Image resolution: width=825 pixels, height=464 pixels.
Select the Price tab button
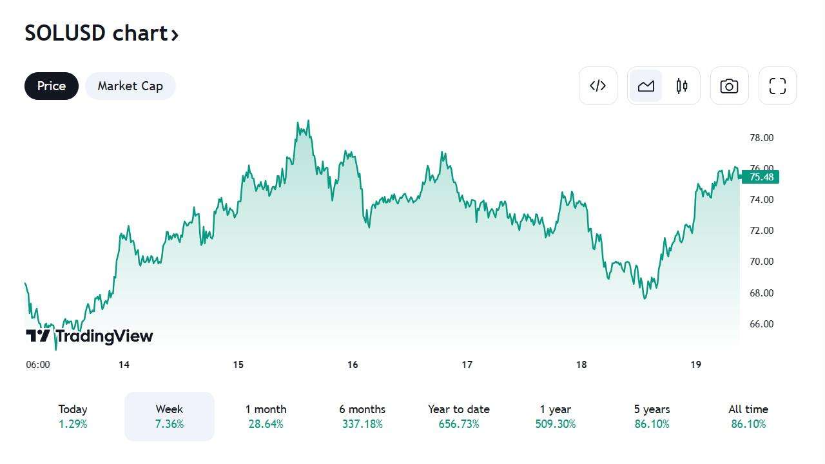52,86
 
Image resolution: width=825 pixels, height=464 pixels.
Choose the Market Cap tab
130,86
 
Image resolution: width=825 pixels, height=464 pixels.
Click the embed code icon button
597,86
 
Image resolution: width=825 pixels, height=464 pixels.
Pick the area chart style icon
646,86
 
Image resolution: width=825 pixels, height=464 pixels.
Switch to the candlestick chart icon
682,86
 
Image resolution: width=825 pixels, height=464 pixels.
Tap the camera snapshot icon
729,86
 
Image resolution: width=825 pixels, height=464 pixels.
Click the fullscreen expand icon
777,86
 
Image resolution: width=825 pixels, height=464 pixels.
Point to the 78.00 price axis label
761,138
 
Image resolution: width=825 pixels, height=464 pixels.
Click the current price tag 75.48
761,177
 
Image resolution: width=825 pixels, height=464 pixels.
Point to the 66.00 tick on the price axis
761,324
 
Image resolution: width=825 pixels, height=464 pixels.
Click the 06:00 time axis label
38,365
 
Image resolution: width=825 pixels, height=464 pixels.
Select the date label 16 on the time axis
353,365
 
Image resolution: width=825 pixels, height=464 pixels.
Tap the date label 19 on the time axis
695,365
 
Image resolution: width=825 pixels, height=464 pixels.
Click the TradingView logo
90,336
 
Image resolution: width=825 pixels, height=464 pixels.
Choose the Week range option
170,416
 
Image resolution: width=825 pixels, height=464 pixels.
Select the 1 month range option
266,416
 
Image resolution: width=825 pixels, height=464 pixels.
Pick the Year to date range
459,416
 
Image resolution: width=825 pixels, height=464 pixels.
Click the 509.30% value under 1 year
556,424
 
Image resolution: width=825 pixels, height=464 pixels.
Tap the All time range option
748,416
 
